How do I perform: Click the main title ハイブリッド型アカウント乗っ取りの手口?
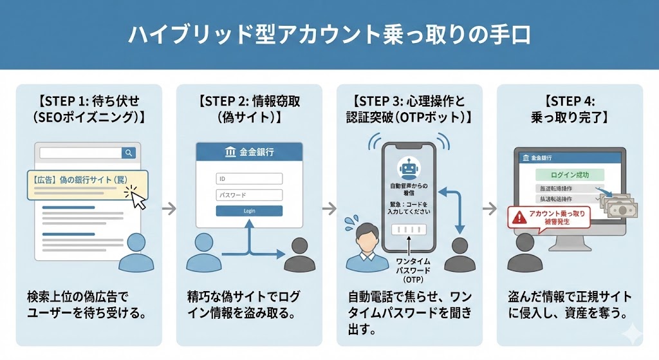[x=329, y=35]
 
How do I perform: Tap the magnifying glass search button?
[x=129, y=153]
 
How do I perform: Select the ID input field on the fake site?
[x=249, y=179]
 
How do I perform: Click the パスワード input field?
[x=249, y=194]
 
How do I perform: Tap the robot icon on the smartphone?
[x=409, y=169]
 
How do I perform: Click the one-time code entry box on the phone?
[x=409, y=230]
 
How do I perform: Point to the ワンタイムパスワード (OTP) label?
[x=409, y=269]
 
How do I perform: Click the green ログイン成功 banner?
[x=569, y=175]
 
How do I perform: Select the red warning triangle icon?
[x=518, y=218]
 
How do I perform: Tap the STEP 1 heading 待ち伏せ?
[x=88, y=101]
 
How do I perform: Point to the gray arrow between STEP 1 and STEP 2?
[x=169, y=208]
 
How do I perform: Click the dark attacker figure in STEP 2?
[x=301, y=254]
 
